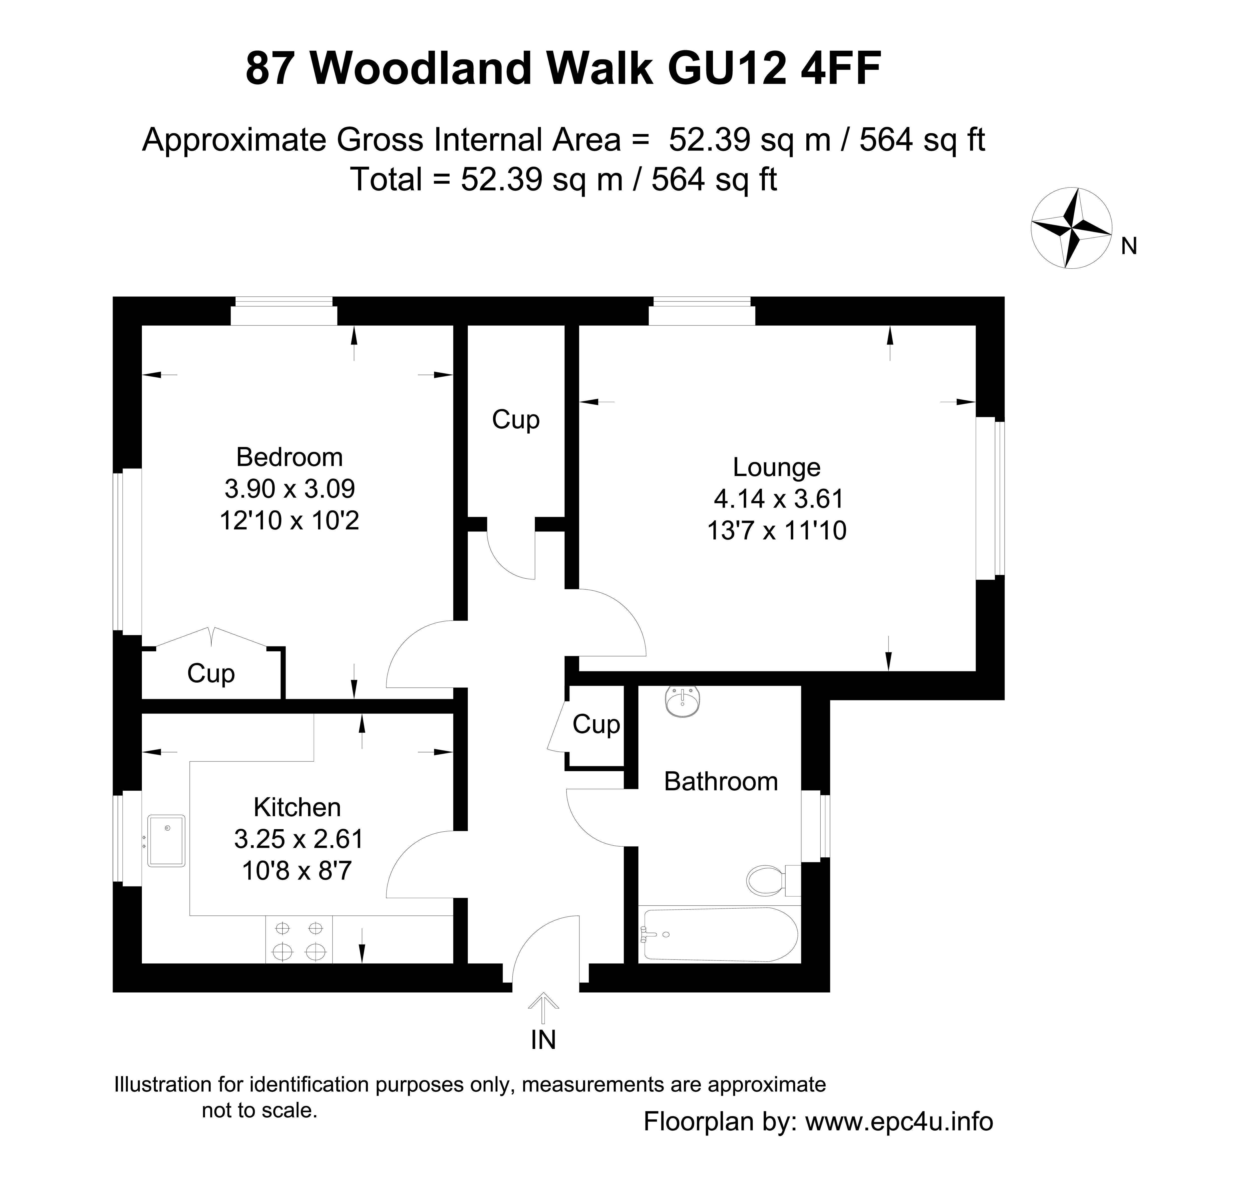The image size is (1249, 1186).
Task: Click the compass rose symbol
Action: (1071, 228)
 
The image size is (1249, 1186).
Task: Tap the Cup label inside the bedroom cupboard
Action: (211, 674)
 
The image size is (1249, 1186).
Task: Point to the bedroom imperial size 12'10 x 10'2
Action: (290, 520)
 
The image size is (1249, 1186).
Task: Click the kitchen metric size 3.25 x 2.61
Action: (299, 839)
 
